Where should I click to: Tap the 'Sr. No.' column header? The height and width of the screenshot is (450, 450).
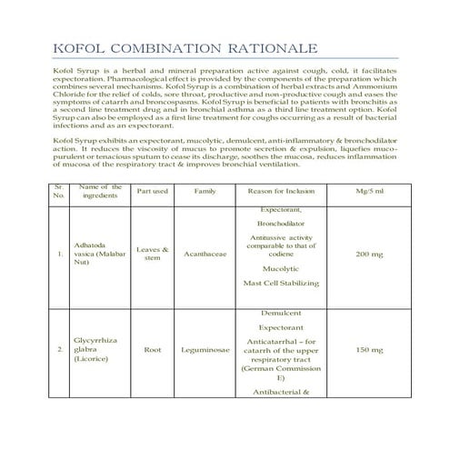coord(59,192)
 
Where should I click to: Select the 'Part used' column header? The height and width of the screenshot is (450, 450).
coord(152,192)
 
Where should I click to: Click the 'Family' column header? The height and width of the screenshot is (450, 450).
coord(205,192)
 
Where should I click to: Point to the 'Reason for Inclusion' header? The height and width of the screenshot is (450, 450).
coord(281,192)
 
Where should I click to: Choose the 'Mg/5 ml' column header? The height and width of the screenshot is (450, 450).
coord(375,192)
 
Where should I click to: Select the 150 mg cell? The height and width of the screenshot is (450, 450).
coord(375,350)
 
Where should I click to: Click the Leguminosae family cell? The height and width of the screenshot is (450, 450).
coord(205,350)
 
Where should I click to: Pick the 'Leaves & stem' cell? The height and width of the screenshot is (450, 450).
coord(152,254)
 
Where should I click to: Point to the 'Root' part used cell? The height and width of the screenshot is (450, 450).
coord(152,350)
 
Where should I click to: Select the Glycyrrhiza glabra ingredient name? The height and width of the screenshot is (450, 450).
coord(97,349)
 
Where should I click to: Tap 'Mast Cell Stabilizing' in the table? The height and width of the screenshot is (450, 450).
coord(281,284)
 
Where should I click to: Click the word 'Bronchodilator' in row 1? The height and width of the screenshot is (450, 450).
coord(281,222)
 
